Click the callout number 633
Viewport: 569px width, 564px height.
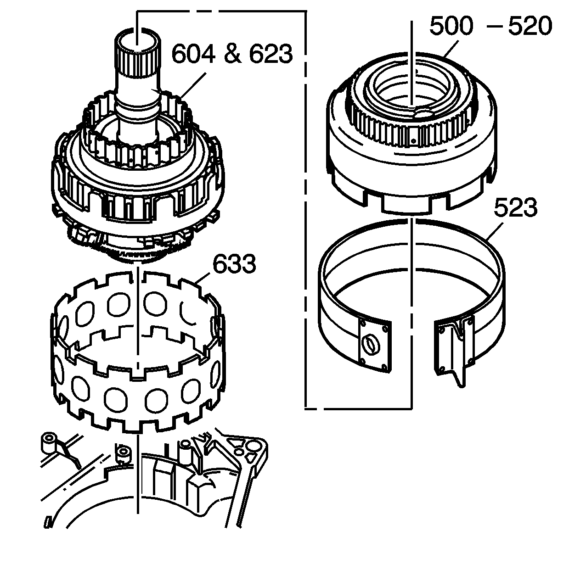tap(234, 264)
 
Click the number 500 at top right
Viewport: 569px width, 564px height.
tap(451, 27)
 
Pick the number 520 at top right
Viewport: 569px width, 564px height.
tap(529, 27)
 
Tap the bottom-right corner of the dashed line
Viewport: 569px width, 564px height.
tap(411, 407)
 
